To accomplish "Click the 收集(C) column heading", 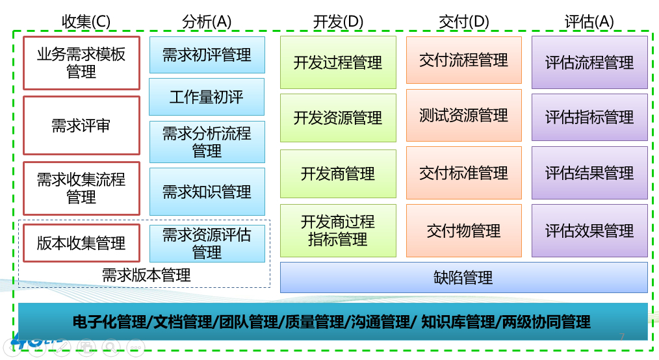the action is pyautogui.click(x=86, y=21).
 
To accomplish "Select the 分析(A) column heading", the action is pyautogui.click(x=207, y=21).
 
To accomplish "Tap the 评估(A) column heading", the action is pyautogui.click(x=589, y=21).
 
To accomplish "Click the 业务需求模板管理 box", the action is pyautogui.click(x=81, y=63).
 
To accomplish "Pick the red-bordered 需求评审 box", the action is pyautogui.click(x=81, y=125).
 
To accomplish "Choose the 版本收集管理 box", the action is pyautogui.click(x=81, y=243).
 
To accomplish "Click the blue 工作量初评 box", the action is pyautogui.click(x=207, y=97).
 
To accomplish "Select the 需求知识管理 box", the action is pyautogui.click(x=207, y=192).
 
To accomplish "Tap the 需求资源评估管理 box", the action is pyautogui.click(x=207, y=244).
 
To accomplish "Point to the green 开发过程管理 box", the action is pyautogui.click(x=338, y=62).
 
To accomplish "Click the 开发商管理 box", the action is pyautogui.click(x=338, y=174).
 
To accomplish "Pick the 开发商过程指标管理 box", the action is pyautogui.click(x=338, y=231).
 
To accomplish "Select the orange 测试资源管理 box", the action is pyautogui.click(x=463, y=116).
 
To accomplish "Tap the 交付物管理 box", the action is pyautogui.click(x=463, y=231).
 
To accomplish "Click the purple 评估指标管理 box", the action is pyautogui.click(x=589, y=117).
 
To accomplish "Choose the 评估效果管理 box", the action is pyautogui.click(x=589, y=231).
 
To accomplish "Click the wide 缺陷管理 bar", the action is pyautogui.click(x=463, y=277).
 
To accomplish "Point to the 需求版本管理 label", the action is pyautogui.click(x=146, y=276).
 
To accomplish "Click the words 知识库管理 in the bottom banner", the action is pyautogui.click(x=458, y=322).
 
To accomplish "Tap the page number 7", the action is pyautogui.click(x=622, y=337).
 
